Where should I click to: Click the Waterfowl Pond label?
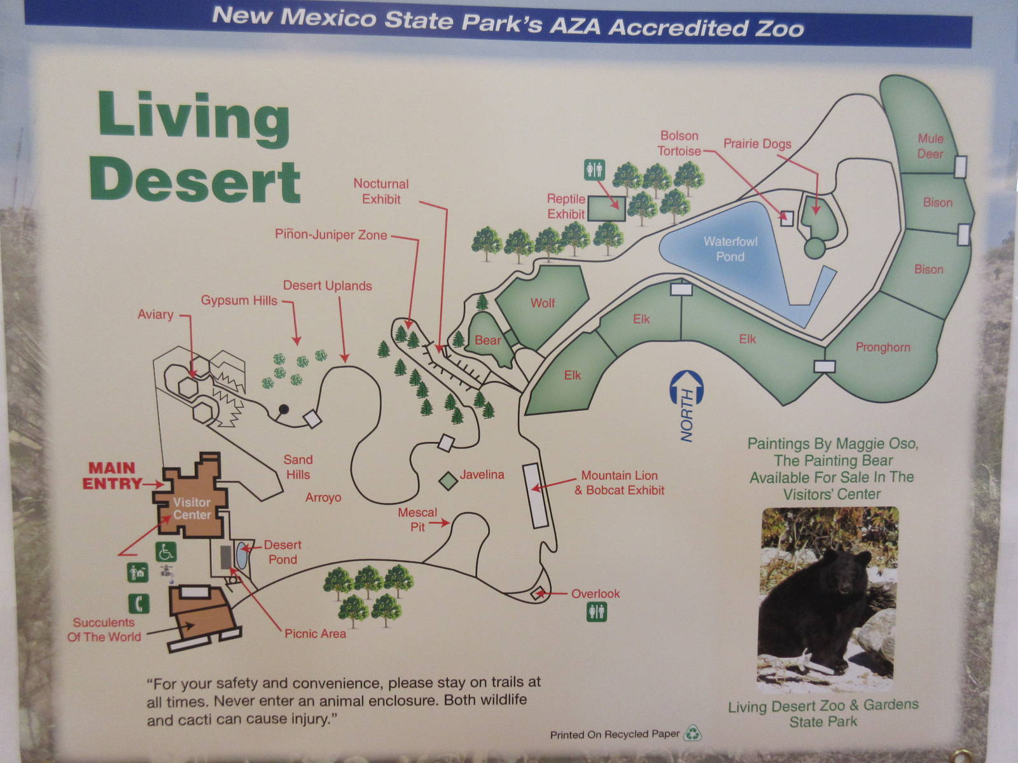click(730, 249)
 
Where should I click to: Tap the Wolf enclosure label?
click(543, 303)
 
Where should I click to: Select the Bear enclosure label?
click(488, 340)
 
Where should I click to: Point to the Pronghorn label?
click(882, 347)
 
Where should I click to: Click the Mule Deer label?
click(930, 146)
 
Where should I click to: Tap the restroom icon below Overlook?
click(596, 612)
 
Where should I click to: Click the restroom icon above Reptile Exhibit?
click(594, 169)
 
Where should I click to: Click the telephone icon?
click(139, 603)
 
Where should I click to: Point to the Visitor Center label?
click(192, 509)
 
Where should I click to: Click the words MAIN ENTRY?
click(112, 476)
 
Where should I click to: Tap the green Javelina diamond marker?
click(449, 481)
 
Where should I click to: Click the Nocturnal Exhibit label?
click(381, 191)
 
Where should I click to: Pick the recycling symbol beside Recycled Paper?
click(692, 734)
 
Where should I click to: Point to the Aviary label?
click(155, 314)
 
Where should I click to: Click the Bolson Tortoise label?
click(679, 143)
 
